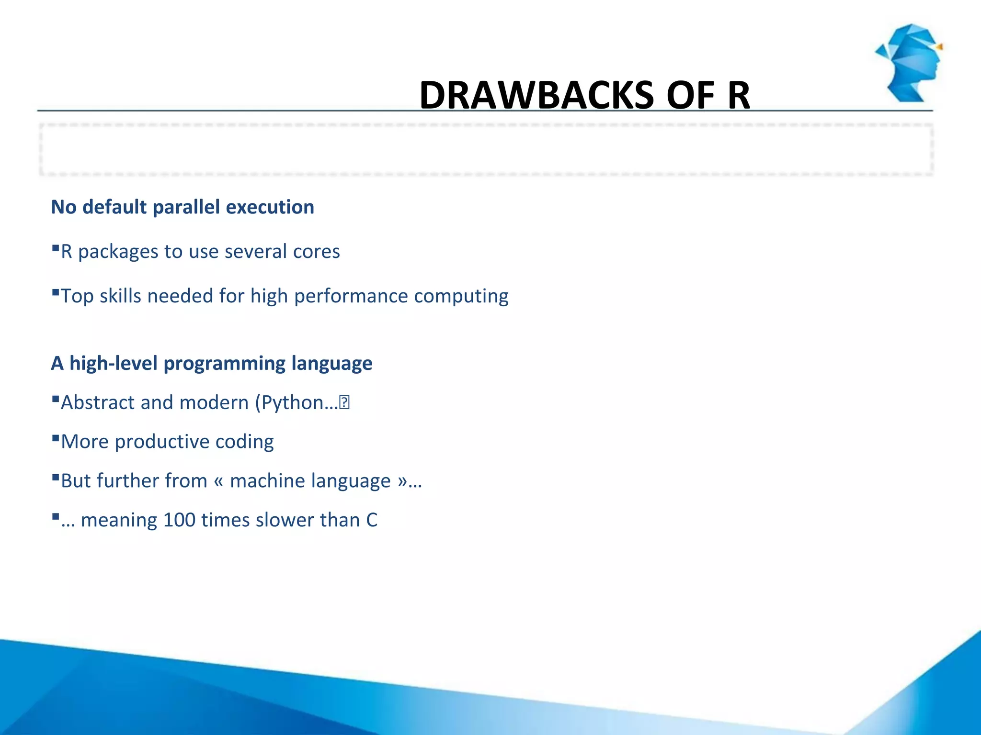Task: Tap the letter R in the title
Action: (738, 95)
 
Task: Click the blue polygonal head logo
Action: (909, 63)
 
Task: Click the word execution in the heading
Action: (270, 207)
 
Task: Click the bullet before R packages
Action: (56, 248)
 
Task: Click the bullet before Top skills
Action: (56, 292)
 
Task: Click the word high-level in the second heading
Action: (114, 363)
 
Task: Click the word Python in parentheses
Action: (293, 403)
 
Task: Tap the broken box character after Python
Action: (344, 403)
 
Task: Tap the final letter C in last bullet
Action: (372, 520)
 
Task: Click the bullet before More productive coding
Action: (56, 438)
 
